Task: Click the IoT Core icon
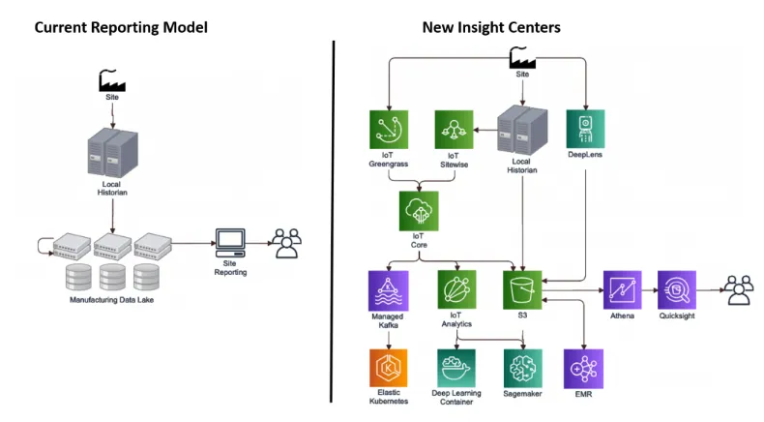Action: [x=419, y=209]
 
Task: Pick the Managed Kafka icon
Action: [x=388, y=289]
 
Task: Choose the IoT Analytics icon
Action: [x=456, y=289]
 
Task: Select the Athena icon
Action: [x=623, y=289]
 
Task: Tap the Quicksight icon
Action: [x=677, y=289]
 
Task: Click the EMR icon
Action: [x=584, y=368]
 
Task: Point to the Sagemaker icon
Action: [x=523, y=368]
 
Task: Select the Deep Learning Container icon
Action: [x=456, y=368]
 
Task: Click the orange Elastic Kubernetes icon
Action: [x=388, y=368]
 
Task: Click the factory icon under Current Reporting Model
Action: [x=113, y=81]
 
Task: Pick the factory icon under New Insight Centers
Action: [x=523, y=60]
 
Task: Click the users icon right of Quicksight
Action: [x=740, y=289]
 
